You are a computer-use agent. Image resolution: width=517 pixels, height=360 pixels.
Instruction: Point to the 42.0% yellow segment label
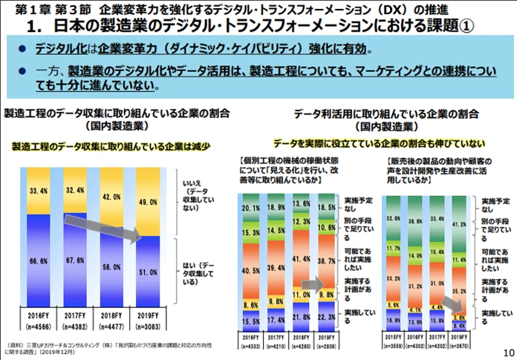pyautogui.click(x=109, y=197)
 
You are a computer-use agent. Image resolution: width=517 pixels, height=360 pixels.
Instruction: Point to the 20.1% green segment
pyautogui.click(x=250, y=209)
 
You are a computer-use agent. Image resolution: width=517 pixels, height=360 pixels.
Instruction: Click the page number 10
pyautogui.click(x=508, y=352)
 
